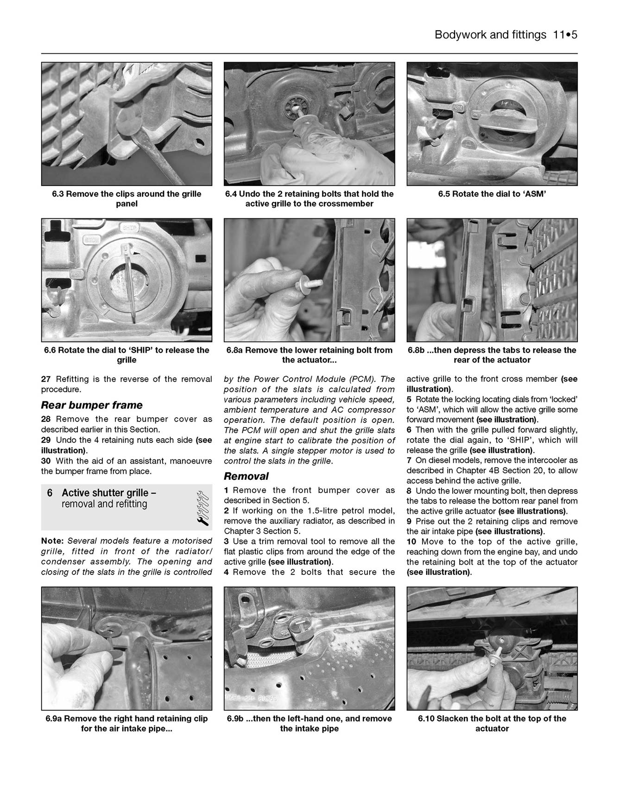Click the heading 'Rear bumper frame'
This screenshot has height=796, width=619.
(x=92, y=405)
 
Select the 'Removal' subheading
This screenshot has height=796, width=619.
(x=246, y=476)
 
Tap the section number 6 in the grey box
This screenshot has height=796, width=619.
(x=50, y=493)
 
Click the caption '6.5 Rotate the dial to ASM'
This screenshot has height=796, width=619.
(x=492, y=194)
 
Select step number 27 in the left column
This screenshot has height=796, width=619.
(x=46, y=379)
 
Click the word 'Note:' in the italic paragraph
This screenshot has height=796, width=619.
(x=51, y=541)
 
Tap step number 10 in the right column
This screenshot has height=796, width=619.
(x=411, y=541)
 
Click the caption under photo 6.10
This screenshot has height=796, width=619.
(x=492, y=723)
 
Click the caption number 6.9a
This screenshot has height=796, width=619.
(x=55, y=719)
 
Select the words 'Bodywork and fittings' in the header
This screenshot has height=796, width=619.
(x=490, y=35)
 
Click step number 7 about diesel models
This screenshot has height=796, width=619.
(x=409, y=460)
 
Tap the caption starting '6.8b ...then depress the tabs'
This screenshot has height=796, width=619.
(x=492, y=355)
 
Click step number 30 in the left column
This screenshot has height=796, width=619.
(x=46, y=461)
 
